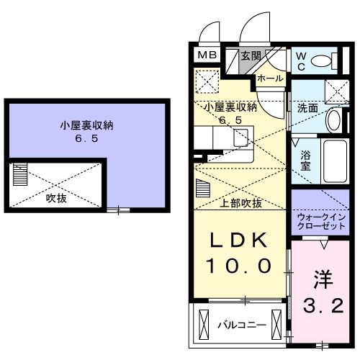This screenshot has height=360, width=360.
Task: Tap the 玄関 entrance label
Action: pos(251,55)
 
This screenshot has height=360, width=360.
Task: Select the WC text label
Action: pos(300,60)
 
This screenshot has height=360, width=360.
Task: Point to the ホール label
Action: pos(269,78)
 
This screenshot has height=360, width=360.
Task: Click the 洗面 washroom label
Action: pos(307,109)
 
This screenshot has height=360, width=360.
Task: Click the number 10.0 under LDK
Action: pos(239,266)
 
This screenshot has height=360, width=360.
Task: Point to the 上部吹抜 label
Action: pos(241,203)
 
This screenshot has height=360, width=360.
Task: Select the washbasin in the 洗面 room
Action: pos(333,120)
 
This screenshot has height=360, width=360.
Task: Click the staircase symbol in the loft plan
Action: pos(20,175)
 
